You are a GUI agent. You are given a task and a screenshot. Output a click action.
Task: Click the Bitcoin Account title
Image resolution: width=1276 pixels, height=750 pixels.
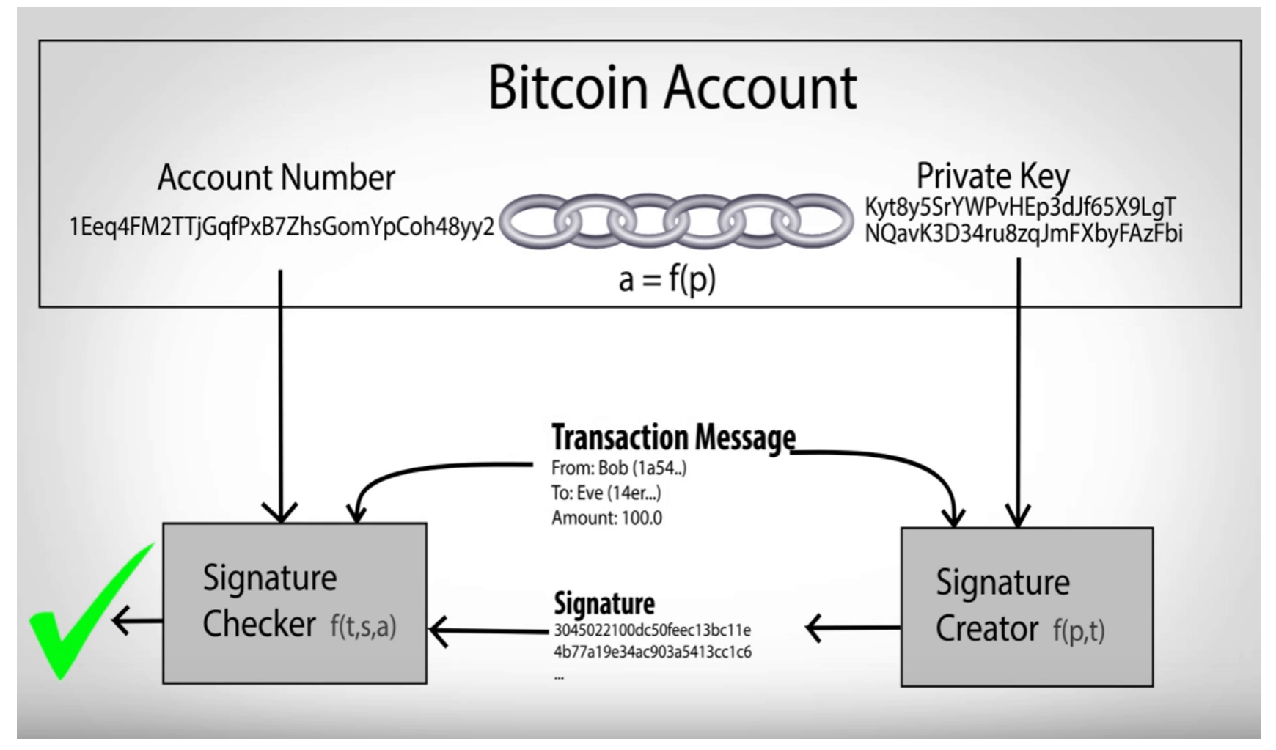coord(672,87)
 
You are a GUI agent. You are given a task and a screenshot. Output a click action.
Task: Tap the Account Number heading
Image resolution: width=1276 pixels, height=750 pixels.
coord(276,177)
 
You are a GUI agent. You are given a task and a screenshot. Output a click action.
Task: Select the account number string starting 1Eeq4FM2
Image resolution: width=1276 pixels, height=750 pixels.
coord(282,227)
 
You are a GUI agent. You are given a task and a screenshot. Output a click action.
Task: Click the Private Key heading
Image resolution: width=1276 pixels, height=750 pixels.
coord(992,176)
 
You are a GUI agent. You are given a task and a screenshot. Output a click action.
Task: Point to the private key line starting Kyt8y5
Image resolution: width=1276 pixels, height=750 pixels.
coord(1020,207)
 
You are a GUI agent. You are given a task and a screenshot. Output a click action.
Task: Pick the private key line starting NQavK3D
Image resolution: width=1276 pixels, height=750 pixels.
coord(1023,234)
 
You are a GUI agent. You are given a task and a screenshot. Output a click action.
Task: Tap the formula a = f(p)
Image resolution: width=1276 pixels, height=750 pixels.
coord(666,279)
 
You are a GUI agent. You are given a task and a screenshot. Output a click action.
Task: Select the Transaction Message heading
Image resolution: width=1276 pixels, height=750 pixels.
coord(672,438)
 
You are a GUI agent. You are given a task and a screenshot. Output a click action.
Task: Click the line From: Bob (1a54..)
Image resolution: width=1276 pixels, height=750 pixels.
coord(618,468)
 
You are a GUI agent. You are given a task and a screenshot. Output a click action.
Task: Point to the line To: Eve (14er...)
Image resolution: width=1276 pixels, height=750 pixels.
coord(606,493)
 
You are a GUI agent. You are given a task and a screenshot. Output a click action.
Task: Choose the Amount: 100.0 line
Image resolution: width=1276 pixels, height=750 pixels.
coord(606,518)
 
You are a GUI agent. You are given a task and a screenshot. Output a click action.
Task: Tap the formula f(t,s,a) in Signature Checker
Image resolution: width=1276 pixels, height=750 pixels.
coord(363,627)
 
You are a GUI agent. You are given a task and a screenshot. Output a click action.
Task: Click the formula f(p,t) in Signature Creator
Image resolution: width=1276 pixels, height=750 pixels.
coord(1079,631)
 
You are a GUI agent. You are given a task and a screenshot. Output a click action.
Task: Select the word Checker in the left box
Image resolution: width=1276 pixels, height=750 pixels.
coord(259,625)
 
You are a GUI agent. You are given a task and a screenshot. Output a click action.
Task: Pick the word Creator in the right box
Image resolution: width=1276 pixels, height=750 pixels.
coord(986,629)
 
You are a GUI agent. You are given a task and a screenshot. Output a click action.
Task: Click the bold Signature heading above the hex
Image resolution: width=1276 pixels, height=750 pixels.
coord(604,603)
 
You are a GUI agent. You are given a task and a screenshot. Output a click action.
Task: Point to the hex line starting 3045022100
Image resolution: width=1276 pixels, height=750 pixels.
coord(652,630)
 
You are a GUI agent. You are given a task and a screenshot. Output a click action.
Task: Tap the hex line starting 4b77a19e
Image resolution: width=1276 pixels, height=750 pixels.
coord(652,652)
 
